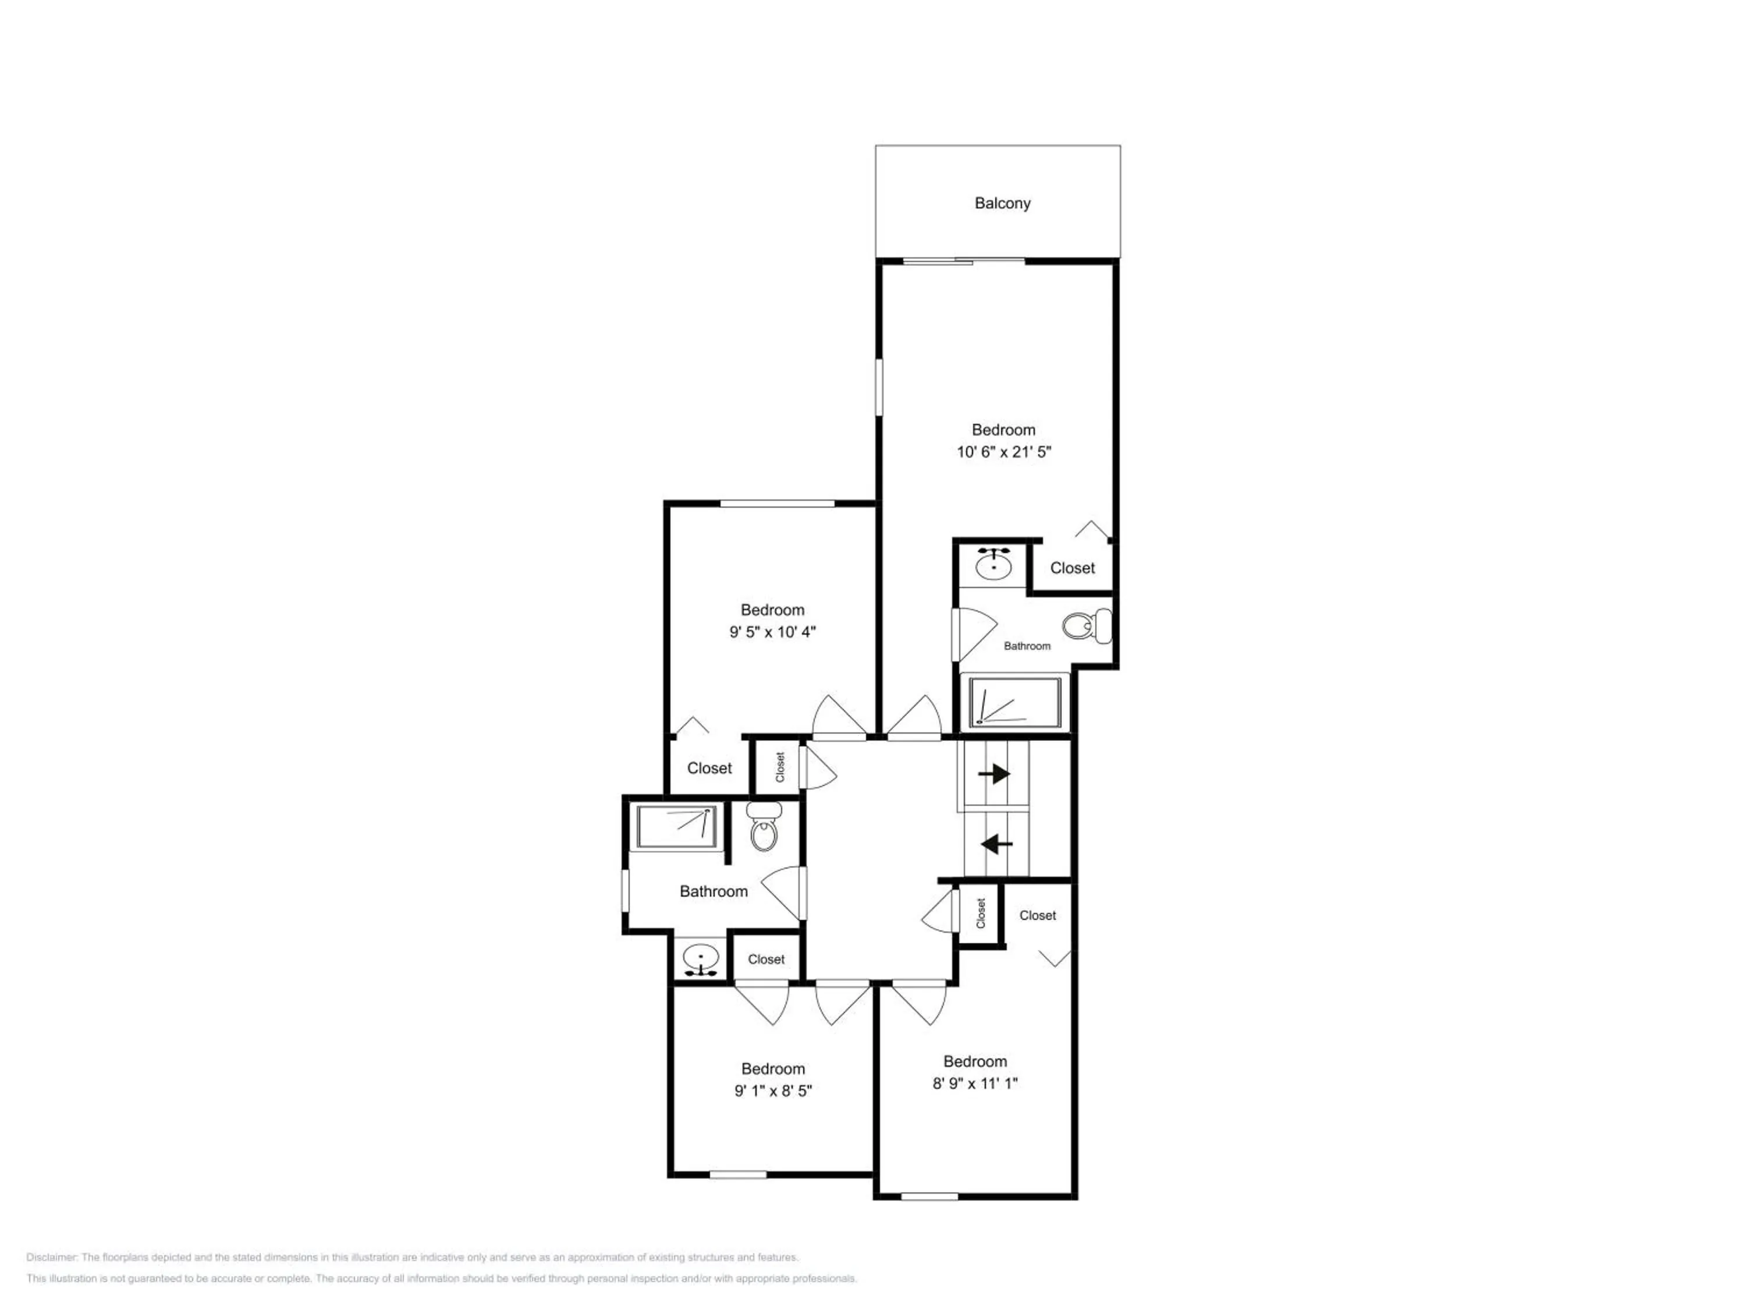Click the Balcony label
(x=1002, y=204)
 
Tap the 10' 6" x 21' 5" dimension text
(x=1004, y=452)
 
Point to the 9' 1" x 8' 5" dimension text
(x=773, y=1091)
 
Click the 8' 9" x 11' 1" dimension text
(x=975, y=1084)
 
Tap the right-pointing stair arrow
(x=995, y=774)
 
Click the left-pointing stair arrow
(x=996, y=845)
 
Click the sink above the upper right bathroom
(x=994, y=563)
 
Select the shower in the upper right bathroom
(x=1014, y=702)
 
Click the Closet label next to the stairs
(x=1037, y=915)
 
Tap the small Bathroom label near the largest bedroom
(x=1027, y=646)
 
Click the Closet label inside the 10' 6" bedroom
(x=1072, y=568)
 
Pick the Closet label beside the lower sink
(x=766, y=960)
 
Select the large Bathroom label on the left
(x=714, y=891)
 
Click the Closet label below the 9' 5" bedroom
(x=709, y=767)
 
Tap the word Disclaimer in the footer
(x=51, y=1257)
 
